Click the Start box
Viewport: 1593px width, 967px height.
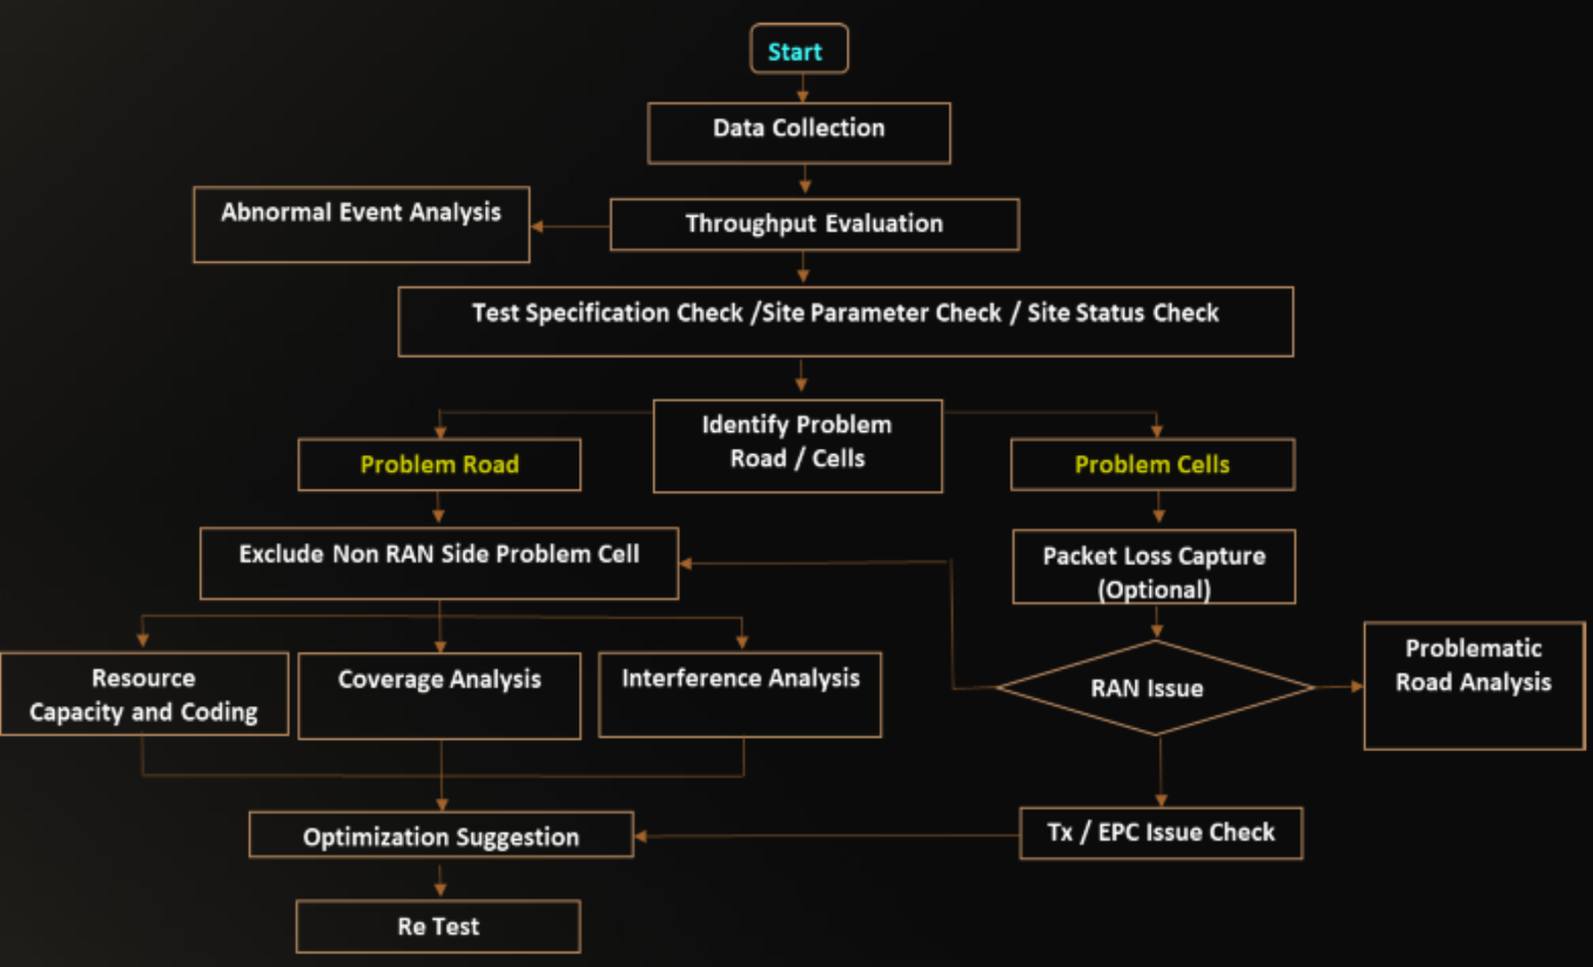(x=797, y=50)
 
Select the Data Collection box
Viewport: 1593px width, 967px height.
(x=798, y=132)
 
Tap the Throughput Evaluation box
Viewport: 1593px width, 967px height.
(x=813, y=224)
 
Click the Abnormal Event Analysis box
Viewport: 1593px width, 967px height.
(x=360, y=224)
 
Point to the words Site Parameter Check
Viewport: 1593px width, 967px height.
(x=881, y=313)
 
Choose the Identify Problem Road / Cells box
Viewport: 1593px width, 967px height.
(x=796, y=445)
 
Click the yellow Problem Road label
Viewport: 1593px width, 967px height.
(x=439, y=464)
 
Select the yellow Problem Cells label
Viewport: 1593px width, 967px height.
(x=1152, y=464)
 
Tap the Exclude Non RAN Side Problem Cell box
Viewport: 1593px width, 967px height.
(x=439, y=563)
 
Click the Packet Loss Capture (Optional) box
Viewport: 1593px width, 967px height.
(x=1154, y=567)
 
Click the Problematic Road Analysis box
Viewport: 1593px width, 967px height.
(x=1473, y=685)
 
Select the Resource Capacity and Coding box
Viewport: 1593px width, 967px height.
(x=143, y=694)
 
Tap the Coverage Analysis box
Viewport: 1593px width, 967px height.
(x=439, y=695)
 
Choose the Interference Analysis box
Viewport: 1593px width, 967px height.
(x=740, y=694)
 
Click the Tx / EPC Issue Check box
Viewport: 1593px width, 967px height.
(x=1161, y=833)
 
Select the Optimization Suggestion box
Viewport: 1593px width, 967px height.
(x=441, y=835)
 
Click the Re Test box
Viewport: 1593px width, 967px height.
(x=438, y=926)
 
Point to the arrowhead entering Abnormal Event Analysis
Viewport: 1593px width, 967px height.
(x=538, y=227)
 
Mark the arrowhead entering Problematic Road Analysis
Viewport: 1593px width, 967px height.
(x=1357, y=686)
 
